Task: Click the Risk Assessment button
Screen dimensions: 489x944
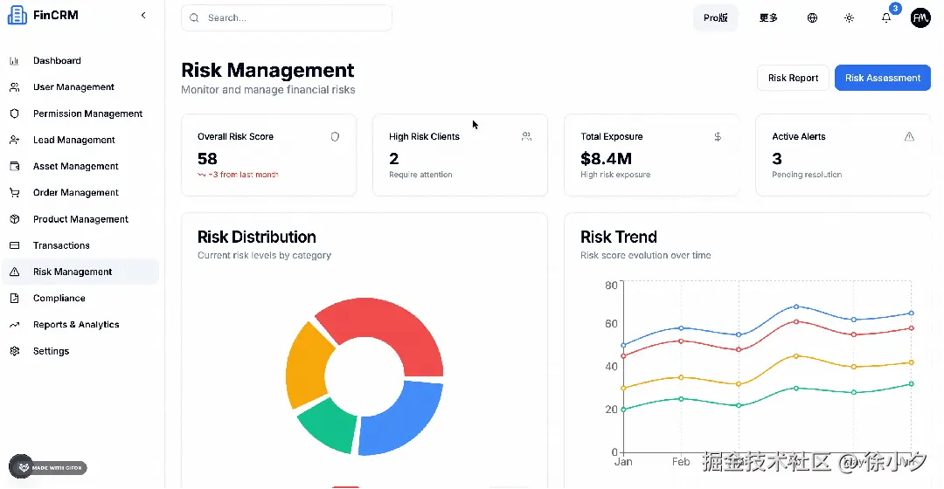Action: (x=882, y=78)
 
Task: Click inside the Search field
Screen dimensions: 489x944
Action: (x=288, y=17)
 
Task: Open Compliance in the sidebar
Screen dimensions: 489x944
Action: (x=59, y=298)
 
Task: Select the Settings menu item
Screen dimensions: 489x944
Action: (x=51, y=351)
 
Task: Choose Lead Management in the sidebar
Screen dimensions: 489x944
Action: (x=73, y=140)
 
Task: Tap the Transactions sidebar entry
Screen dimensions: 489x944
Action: (x=61, y=245)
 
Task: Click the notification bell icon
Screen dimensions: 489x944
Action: (x=886, y=17)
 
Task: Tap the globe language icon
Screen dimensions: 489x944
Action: (x=812, y=17)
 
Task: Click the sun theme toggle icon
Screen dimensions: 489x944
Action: (x=849, y=17)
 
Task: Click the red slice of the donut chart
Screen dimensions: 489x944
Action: (x=393, y=332)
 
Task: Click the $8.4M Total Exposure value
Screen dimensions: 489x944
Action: (x=606, y=159)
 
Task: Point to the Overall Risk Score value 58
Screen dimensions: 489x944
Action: (x=207, y=159)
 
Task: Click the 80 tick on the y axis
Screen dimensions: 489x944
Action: (x=610, y=285)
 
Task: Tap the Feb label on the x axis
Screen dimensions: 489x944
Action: (x=681, y=461)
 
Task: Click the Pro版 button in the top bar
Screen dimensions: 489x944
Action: (x=715, y=17)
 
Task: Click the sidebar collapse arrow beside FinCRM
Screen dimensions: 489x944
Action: (x=143, y=15)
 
